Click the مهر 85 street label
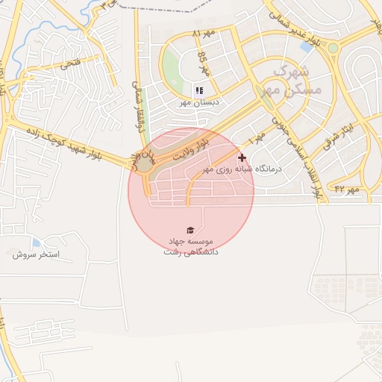[x=202, y=59]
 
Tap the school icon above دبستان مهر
[x=199, y=90]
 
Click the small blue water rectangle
[x=306, y=46]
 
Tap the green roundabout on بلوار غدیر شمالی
[x=332, y=48]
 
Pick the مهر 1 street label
[x=258, y=137]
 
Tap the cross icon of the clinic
[x=242, y=157]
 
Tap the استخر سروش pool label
[x=36, y=254]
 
